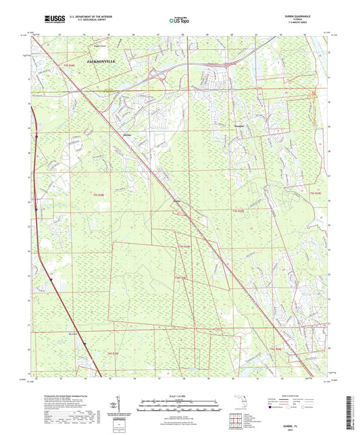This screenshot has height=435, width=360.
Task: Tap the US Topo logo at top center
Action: (180, 20)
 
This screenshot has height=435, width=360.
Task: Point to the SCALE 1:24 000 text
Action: (180, 386)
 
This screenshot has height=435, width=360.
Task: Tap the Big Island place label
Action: (75, 332)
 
